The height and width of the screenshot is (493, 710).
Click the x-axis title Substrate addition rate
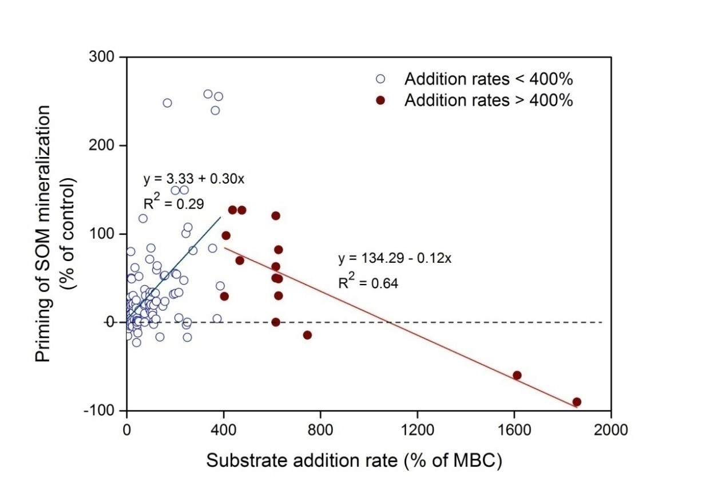tap(354, 461)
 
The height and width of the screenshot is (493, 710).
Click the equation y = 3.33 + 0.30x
tap(194, 179)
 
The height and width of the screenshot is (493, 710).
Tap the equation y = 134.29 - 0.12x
tap(395, 258)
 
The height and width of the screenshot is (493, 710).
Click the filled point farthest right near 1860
tap(577, 402)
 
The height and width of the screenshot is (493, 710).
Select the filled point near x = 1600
tap(517, 375)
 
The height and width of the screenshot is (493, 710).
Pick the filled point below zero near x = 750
tap(307, 335)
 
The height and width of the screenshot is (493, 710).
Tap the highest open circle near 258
tap(208, 94)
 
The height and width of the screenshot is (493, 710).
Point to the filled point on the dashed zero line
tap(276, 322)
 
